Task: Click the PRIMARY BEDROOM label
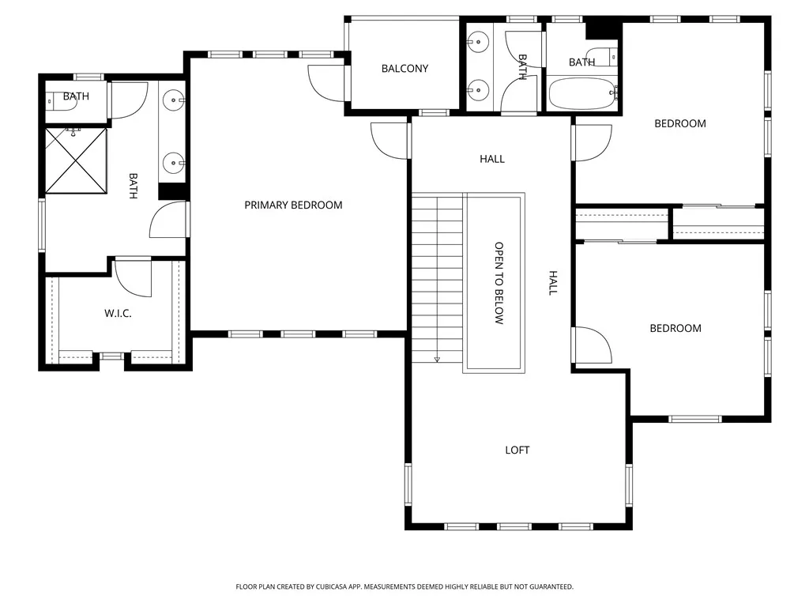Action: [x=293, y=205]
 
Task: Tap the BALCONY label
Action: [x=404, y=69]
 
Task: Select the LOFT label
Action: [x=517, y=451]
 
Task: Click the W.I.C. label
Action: [x=118, y=314]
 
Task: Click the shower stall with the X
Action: [x=76, y=160]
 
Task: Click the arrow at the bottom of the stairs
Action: [x=436, y=360]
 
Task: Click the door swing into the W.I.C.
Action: [x=130, y=277]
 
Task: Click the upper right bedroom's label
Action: [x=679, y=123]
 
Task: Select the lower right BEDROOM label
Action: [x=675, y=329]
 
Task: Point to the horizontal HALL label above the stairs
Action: [x=491, y=160]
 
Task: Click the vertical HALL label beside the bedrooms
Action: [x=554, y=283]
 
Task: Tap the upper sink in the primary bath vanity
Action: [x=174, y=100]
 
